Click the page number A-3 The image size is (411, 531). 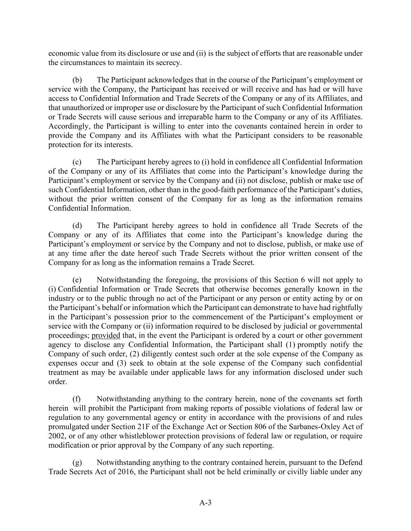205,503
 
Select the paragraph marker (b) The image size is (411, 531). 77,80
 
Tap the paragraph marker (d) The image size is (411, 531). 77,225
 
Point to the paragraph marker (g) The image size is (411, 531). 77,463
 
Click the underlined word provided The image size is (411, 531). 106,335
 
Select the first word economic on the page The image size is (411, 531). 62,53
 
